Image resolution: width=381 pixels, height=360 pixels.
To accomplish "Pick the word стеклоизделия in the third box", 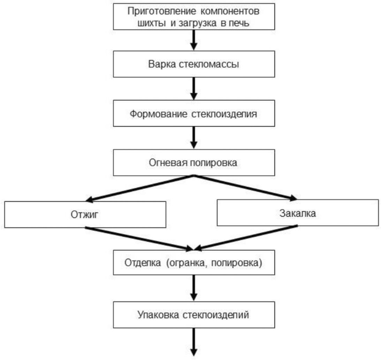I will [x=224, y=114].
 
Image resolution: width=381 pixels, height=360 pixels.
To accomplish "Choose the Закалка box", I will [x=297, y=212].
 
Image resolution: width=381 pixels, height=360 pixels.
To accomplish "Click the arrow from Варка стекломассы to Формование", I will [x=194, y=89].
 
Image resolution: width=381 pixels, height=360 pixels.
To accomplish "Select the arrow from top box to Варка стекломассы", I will [x=194, y=40].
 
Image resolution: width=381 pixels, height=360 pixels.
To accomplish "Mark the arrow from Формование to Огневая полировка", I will [x=194, y=138].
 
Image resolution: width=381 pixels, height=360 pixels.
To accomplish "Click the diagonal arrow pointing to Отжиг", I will [x=139, y=188].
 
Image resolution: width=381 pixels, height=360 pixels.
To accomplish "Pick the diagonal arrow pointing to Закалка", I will [x=244, y=188].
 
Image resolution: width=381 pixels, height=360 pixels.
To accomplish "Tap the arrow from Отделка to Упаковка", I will [x=194, y=287].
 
